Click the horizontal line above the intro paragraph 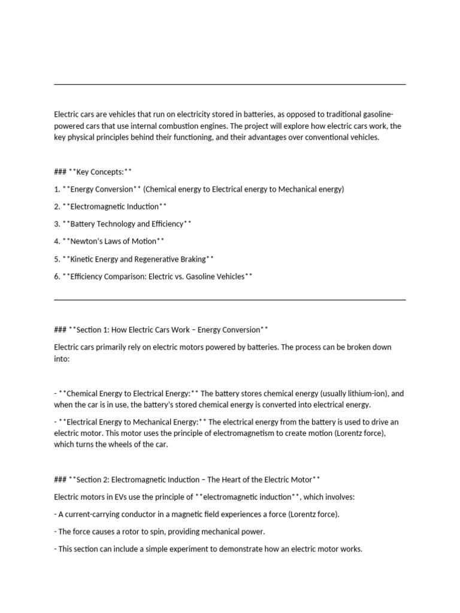(230, 84)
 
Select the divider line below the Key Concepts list (230, 299)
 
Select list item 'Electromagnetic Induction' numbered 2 (114, 207)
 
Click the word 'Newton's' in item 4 (87, 241)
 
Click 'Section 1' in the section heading (93, 330)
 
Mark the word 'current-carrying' (92, 514)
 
